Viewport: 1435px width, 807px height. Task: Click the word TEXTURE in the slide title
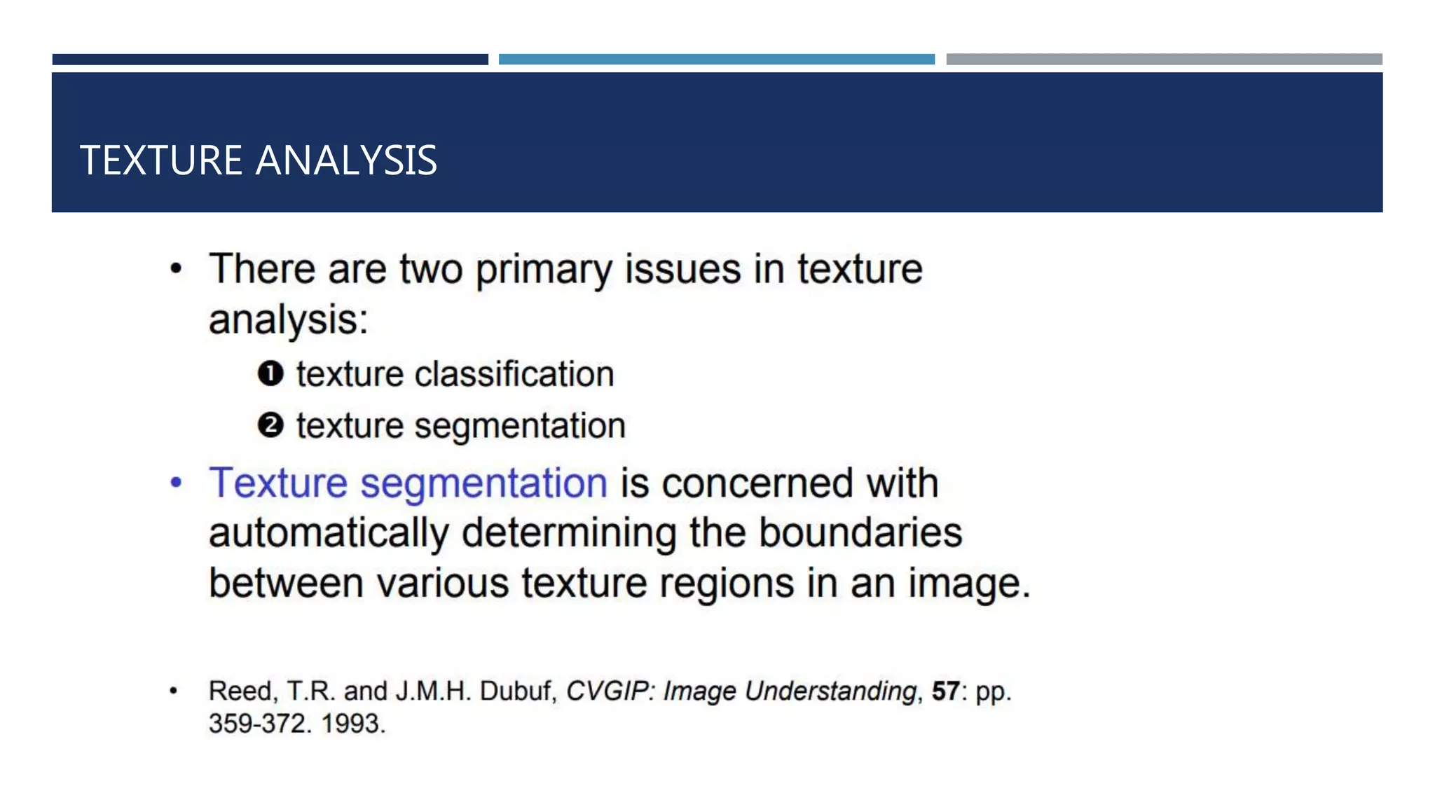(x=161, y=160)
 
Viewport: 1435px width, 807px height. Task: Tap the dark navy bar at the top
(x=270, y=60)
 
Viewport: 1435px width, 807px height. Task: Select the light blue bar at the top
(x=716, y=60)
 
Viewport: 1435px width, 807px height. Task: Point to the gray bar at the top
(x=1164, y=60)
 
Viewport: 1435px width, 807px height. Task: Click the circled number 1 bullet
(x=270, y=374)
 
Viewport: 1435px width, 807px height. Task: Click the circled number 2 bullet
(x=270, y=426)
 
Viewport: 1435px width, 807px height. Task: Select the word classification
(x=514, y=374)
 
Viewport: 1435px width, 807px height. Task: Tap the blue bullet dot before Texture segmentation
(x=176, y=483)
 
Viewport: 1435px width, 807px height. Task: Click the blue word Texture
(x=278, y=483)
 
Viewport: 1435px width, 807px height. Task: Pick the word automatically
(x=329, y=534)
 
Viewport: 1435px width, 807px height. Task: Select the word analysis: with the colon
(x=288, y=321)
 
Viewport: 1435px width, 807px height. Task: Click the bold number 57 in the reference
(x=945, y=691)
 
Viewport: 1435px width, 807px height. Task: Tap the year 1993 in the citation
(x=353, y=724)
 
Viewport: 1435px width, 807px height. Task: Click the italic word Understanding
(x=830, y=691)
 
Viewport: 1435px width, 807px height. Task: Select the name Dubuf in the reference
(x=517, y=691)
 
